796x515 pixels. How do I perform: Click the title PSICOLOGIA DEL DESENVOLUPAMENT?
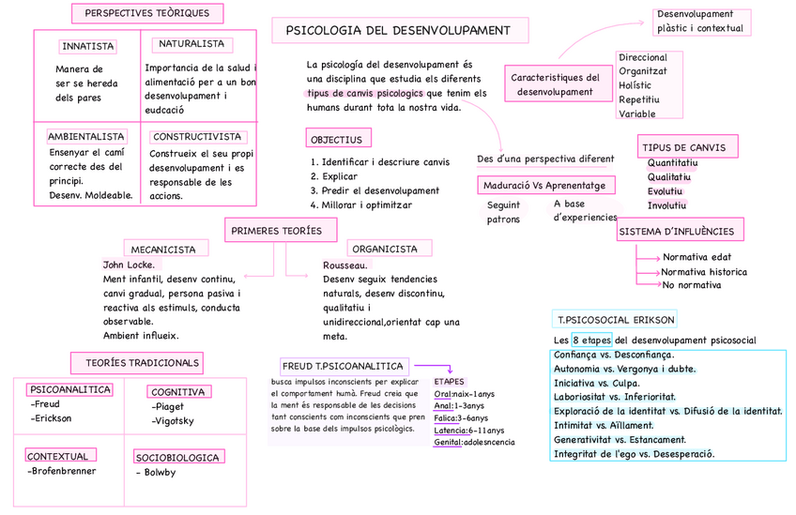[397, 31]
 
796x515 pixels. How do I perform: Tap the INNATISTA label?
[87, 47]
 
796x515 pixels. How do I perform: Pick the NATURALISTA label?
[192, 44]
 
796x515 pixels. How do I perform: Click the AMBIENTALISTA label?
[85, 136]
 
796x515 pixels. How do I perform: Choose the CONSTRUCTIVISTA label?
[197, 136]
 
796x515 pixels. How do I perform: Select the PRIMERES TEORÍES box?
[277, 230]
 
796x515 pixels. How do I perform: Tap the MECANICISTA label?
[163, 250]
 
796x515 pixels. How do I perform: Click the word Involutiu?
[667, 204]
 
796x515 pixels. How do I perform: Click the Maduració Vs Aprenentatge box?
[548, 184]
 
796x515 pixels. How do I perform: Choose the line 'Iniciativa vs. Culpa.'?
[597, 383]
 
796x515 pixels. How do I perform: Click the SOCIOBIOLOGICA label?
[178, 458]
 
